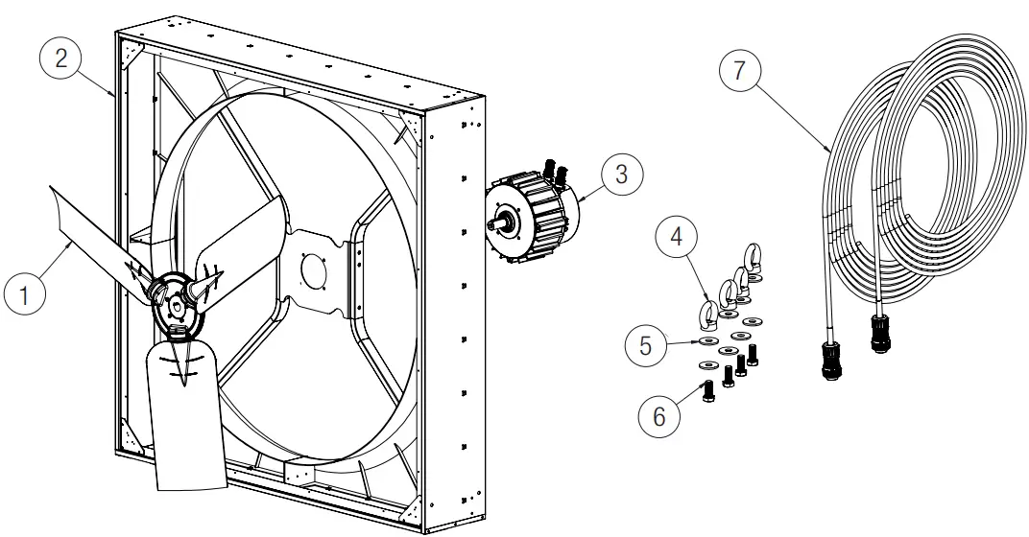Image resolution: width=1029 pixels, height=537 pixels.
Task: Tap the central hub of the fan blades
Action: click(x=176, y=304)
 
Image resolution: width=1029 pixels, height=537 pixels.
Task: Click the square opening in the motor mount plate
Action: click(x=316, y=268)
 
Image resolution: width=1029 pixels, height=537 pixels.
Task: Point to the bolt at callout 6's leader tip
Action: click(x=708, y=391)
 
